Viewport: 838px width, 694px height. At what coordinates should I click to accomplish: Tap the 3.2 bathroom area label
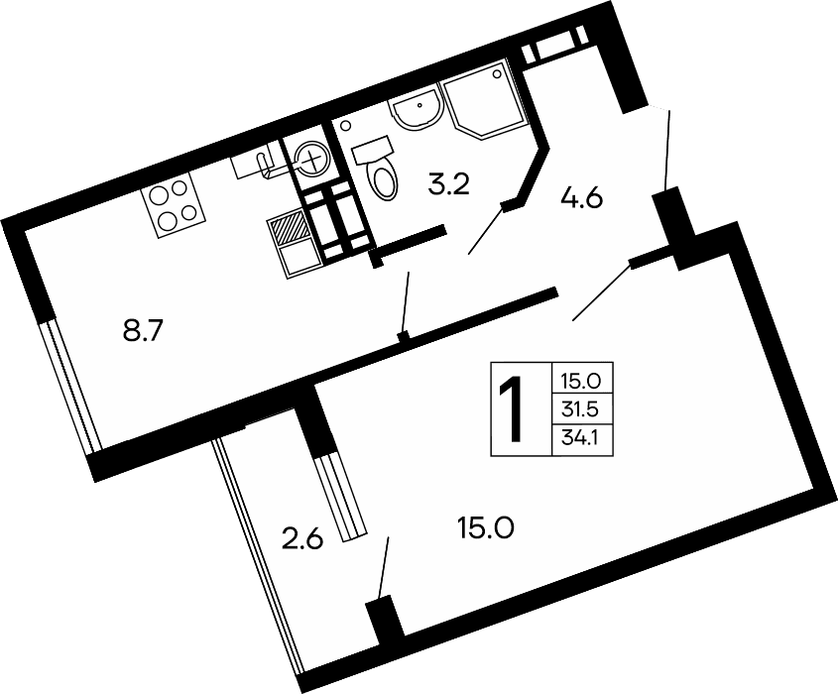(x=448, y=184)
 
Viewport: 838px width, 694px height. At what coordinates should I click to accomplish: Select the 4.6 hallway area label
(x=582, y=197)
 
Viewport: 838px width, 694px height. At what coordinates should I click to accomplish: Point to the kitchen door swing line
(x=406, y=301)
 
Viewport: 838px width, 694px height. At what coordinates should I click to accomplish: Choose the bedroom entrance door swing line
(x=600, y=293)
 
